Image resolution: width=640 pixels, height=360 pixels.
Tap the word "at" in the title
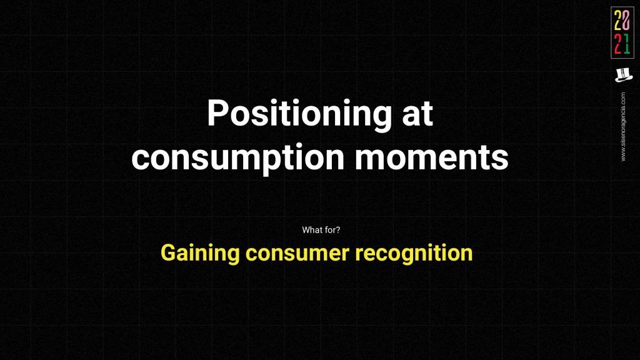coord(417,114)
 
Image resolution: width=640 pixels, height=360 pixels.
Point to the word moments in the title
coord(431,157)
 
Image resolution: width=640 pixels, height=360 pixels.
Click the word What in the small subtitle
coord(312,230)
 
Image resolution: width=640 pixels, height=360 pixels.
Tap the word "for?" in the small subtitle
coord(332,230)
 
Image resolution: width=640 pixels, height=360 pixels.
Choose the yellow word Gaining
coord(200,254)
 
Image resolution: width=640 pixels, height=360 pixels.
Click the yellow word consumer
coord(297,254)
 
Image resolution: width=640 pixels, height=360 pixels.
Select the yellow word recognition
coord(414,254)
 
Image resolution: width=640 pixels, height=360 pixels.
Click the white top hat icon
coord(623,75)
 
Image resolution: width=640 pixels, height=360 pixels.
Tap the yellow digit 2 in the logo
coord(618,21)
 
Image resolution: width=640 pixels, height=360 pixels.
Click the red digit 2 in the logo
coord(618,44)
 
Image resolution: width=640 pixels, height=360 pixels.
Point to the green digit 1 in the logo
coord(626,44)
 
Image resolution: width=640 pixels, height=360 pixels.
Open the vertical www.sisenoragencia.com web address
coord(623,126)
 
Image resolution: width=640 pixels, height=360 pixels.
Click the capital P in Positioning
coord(217,113)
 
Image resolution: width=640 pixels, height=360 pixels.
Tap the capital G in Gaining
coord(169,252)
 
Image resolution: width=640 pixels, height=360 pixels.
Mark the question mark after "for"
coord(337,230)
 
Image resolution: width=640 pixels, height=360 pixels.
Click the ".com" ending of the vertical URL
coord(623,97)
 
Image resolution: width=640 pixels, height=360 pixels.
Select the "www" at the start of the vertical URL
coord(623,155)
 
